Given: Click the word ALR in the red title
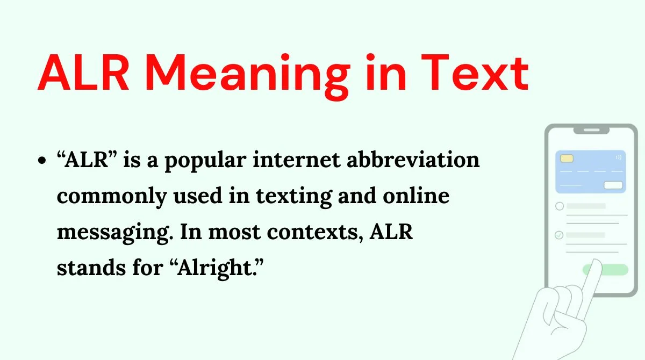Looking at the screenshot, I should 84,74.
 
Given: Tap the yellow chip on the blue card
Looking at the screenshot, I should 567,159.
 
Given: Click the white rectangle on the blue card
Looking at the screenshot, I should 613,185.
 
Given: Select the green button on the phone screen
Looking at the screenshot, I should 606,270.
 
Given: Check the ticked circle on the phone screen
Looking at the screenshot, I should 559,235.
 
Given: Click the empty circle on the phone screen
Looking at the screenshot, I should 559,206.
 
